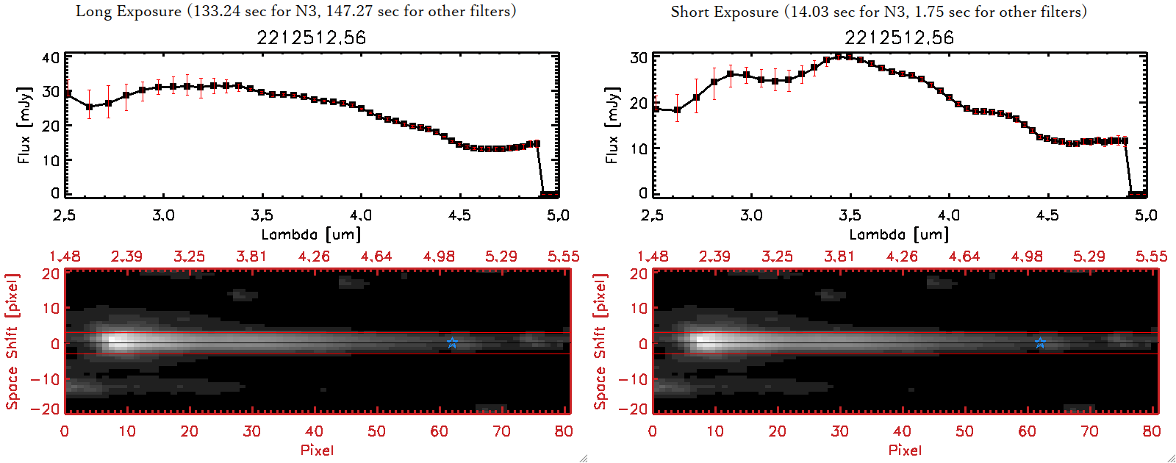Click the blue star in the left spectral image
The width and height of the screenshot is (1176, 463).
[452, 342]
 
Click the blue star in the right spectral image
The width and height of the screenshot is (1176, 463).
[1040, 342]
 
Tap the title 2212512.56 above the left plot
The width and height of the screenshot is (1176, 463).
[311, 37]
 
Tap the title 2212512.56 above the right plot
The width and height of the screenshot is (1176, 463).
[899, 37]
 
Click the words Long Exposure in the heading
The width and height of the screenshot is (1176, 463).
[129, 11]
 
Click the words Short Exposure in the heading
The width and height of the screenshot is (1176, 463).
[724, 12]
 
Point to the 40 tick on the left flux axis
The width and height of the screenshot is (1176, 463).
[51, 57]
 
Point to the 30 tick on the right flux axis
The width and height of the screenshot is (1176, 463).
[639, 57]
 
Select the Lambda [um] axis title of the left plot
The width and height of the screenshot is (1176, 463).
[311, 234]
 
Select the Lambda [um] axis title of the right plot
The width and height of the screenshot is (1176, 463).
[899, 234]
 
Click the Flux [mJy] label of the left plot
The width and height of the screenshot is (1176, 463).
[24, 126]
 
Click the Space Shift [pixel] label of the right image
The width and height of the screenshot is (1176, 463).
[600, 342]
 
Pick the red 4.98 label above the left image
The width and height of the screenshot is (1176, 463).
[439, 256]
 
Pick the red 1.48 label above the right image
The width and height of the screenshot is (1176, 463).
[653, 256]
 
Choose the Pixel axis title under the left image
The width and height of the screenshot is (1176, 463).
[317, 450]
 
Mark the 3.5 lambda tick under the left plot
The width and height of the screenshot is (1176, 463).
[262, 215]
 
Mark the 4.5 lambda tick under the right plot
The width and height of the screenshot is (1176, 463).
[1047, 215]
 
